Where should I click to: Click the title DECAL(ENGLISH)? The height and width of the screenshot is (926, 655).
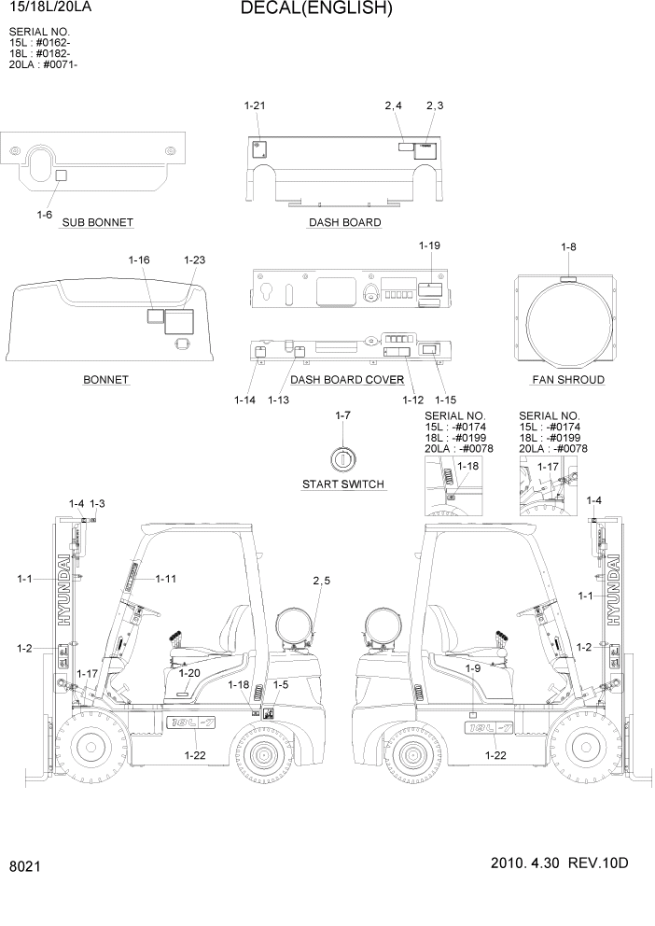(316, 9)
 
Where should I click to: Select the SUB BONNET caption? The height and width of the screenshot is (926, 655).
(97, 222)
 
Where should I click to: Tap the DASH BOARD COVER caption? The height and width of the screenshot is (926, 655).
(347, 380)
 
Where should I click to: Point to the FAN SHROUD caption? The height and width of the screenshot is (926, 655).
(567, 380)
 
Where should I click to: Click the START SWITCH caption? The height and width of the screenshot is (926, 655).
(344, 484)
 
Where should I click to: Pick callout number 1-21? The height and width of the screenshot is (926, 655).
(255, 105)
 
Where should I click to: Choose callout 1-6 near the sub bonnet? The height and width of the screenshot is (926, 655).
(44, 216)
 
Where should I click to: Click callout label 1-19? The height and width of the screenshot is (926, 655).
(429, 246)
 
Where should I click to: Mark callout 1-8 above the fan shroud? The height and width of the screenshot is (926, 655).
(568, 246)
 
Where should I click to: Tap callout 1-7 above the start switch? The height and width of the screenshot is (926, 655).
(342, 414)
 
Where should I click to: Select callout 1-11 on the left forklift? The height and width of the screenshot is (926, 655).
(166, 579)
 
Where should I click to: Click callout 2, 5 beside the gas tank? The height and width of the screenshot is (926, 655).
(320, 582)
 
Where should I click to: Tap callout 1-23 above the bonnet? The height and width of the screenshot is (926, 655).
(194, 260)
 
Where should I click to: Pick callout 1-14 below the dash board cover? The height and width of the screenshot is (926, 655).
(244, 400)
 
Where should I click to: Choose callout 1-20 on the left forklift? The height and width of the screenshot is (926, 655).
(189, 672)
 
